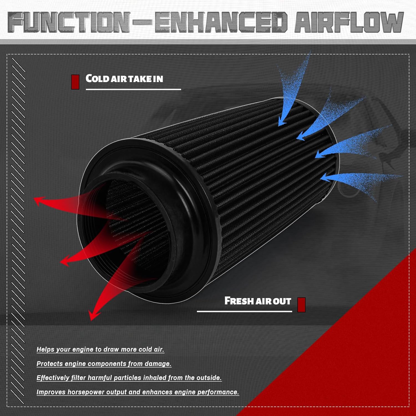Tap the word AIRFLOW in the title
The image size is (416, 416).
[x=349, y=22]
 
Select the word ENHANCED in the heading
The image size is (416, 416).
[x=220, y=22]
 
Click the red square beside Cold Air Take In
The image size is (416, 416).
[x=75, y=82]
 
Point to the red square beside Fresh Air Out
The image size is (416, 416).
[x=301, y=305]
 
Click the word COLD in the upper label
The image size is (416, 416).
[x=97, y=78]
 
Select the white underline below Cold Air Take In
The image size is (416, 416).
[x=133, y=89]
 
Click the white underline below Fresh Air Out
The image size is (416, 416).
[x=244, y=311]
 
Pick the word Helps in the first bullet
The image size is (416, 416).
[x=45, y=349]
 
